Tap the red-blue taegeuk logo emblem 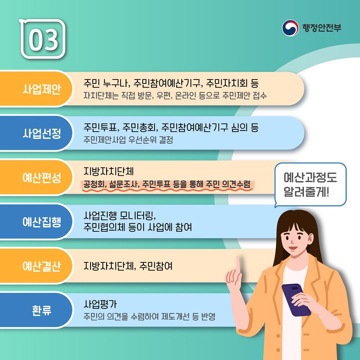(x=290, y=28)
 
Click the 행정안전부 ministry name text (x=322, y=28)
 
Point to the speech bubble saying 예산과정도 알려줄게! (x=310, y=184)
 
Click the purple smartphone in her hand (x=296, y=300)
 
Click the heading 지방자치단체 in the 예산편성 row (x=108, y=171)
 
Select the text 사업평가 (x=100, y=304)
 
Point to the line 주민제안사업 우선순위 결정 (x=128, y=140)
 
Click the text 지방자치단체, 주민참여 (x=128, y=266)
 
